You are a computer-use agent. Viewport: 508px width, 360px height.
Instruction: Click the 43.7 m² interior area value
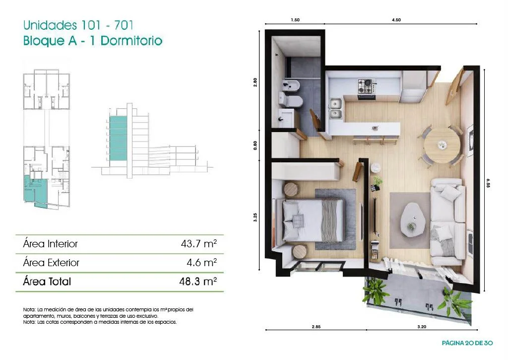(198, 244)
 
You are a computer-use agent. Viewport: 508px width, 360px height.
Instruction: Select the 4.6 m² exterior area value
(201, 262)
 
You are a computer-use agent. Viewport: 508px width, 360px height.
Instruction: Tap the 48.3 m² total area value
(198, 281)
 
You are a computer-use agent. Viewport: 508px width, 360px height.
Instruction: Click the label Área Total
(47, 281)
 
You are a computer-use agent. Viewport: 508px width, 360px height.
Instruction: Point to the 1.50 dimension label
(295, 20)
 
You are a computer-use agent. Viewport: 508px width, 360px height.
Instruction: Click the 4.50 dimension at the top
(396, 20)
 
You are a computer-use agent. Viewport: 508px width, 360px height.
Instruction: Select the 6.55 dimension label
(488, 183)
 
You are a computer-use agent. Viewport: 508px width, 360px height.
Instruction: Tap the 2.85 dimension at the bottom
(316, 327)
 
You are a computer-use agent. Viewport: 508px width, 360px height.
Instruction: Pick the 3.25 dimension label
(255, 217)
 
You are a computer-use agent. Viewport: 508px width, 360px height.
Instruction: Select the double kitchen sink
(336, 109)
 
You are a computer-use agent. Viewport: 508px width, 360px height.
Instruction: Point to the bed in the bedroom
(313, 220)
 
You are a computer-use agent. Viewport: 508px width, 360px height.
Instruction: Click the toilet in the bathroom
(290, 100)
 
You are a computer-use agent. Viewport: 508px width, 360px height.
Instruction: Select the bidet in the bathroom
(291, 85)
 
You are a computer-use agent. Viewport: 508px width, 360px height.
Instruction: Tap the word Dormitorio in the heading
(131, 41)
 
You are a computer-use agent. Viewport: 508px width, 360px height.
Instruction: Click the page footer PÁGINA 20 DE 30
(467, 343)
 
